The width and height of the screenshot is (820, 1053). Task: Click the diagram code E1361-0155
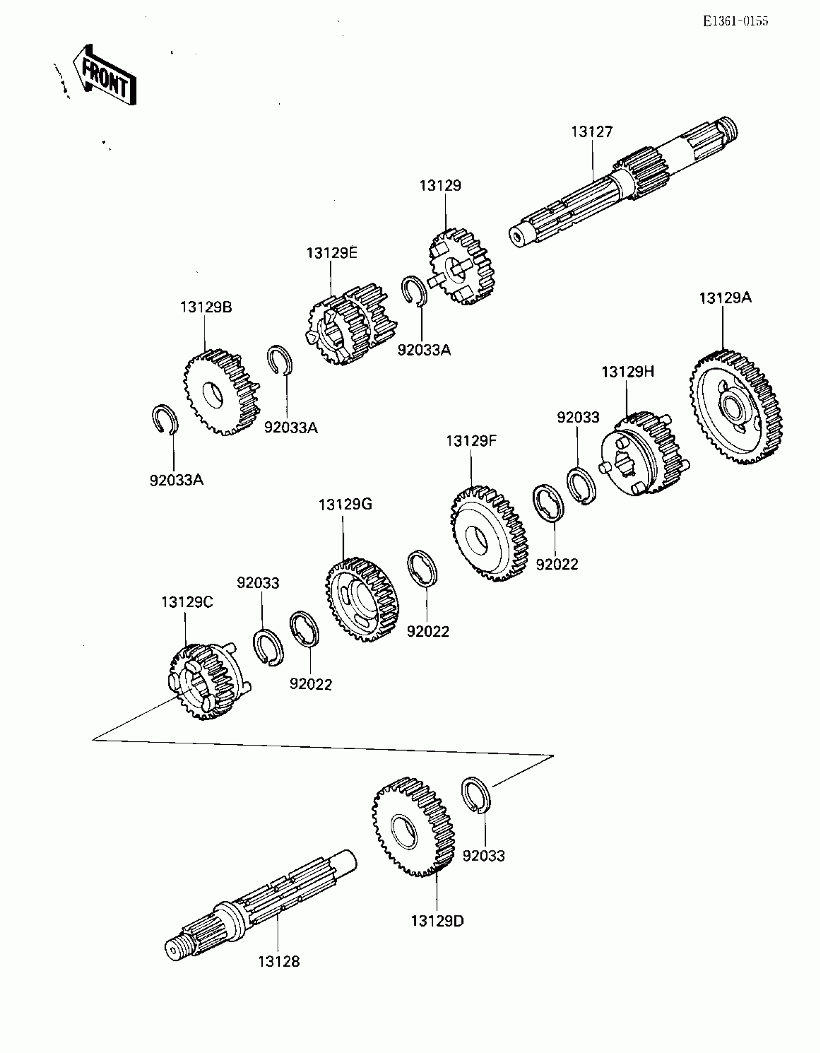[x=735, y=21]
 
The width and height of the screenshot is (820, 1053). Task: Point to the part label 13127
[x=592, y=132]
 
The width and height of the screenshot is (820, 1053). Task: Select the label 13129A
[x=725, y=298]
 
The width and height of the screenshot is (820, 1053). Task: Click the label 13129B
[x=206, y=307]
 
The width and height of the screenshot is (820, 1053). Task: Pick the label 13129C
[x=187, y=602]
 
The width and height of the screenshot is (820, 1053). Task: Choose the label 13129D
[x=437, y=921]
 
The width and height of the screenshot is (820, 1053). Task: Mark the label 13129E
[x=332, y=253]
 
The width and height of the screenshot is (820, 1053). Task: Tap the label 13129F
[x=471, y=441]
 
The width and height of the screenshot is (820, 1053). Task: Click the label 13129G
[x=345, y=505]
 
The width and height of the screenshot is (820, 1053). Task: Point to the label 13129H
[x=628, y=372]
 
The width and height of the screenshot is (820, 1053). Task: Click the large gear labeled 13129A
[x=736, y=408]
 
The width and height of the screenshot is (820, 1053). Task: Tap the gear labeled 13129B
[x=221, y=392]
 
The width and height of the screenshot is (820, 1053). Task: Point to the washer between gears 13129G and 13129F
[x=423, y=568]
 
